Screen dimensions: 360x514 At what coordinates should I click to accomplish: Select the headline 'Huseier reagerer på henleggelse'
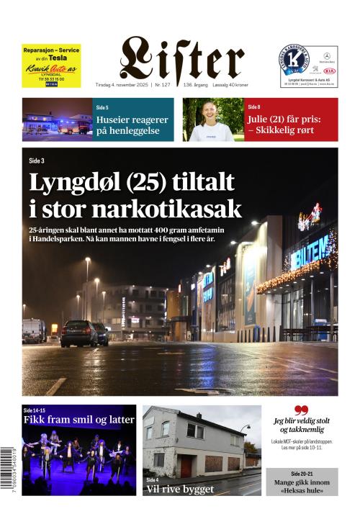tap(132, 125)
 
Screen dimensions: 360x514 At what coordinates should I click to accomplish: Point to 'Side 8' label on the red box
tap(253, 107)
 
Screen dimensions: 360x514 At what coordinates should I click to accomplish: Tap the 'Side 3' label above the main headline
tap(37, 161)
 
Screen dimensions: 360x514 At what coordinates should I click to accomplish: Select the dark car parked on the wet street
tap(78, 333)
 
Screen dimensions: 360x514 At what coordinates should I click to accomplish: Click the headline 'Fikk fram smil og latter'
tap(79, 419)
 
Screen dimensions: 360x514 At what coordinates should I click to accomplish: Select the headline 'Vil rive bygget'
tap(180, 489)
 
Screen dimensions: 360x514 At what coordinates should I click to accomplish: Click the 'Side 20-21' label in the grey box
tap(302, 475)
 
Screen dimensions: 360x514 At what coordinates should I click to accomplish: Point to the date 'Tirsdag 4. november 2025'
tap(122, 85)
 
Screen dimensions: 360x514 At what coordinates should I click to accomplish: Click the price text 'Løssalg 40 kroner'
tap(225, 85)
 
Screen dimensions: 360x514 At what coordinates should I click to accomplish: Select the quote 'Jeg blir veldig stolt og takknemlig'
tap(301, 425)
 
